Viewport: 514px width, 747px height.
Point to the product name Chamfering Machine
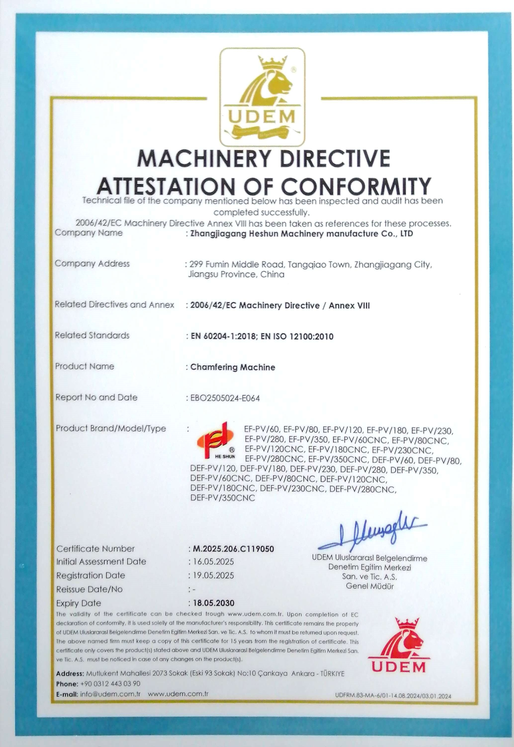(x=233, y=367)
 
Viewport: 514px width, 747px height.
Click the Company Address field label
(x=92, y=264)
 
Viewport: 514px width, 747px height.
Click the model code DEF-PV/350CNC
(x=223, y=498)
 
